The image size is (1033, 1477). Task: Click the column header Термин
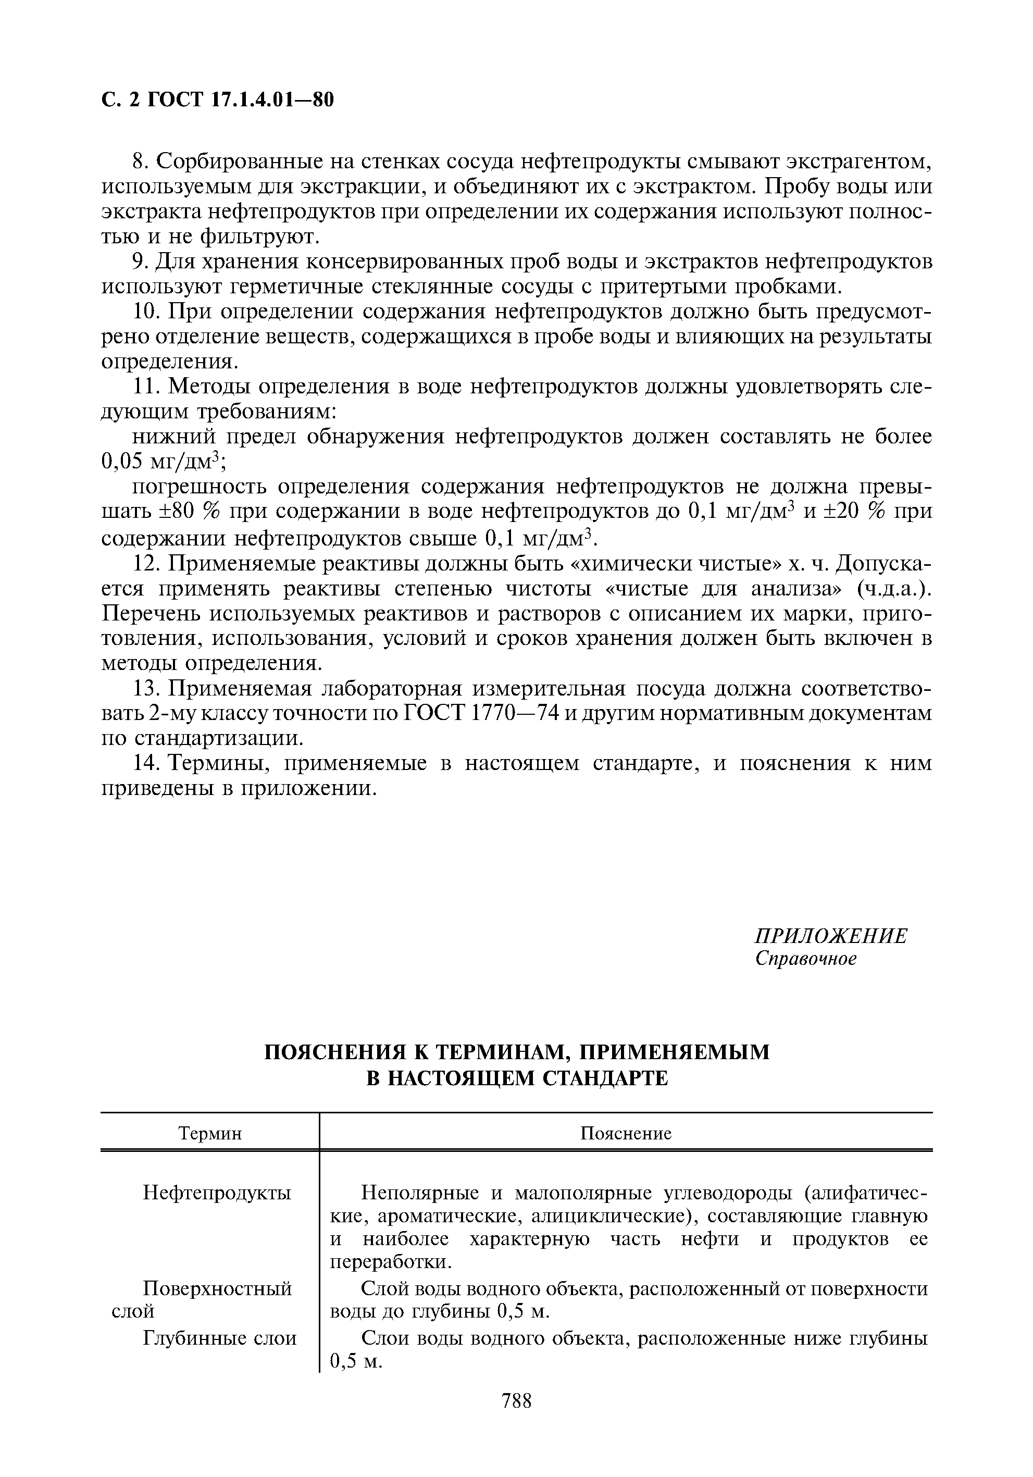pos(210,1133)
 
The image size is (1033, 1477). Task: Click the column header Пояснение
pos(626,1133)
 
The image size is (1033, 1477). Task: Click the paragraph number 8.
pos(141,162)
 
